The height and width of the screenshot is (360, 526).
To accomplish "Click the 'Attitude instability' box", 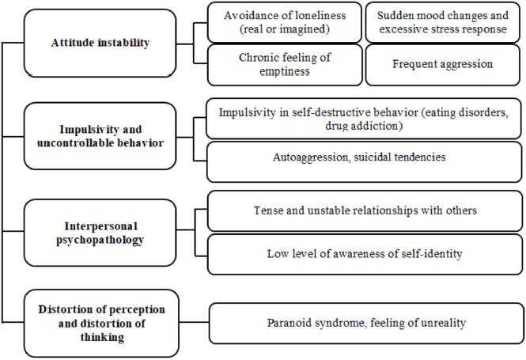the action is [x=100, y=43].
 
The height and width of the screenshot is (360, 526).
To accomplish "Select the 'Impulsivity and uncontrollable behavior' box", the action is [x=100, y=136].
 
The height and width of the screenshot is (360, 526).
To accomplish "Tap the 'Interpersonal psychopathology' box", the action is [x=100, y=233].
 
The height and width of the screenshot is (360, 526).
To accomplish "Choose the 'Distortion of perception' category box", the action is [x=101, y=323].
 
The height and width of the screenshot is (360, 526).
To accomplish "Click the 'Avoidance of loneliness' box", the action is [x=285, y=22].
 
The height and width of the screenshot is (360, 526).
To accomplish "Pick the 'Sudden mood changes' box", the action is [x=442, y=22].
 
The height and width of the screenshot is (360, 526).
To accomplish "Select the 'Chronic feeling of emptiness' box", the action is [x=285, y=65].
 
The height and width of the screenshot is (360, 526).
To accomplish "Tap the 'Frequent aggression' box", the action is [x=442, y=65].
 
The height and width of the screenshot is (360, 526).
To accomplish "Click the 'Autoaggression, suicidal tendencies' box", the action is [x=365, y=161].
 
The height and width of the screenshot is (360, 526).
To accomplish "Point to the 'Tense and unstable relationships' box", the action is [x=365, y=210].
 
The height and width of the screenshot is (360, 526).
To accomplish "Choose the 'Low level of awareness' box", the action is [x=365, y=254].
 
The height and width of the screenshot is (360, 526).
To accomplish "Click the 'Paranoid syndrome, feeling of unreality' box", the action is [x=366, y=323].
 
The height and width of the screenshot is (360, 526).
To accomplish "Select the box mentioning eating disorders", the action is [x=364, y=119].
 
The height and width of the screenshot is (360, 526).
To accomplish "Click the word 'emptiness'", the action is [x=285, y=71].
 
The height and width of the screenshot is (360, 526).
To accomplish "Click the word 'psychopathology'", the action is [x=100, y=241].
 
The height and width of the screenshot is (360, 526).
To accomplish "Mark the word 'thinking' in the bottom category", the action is [x=102, y=337].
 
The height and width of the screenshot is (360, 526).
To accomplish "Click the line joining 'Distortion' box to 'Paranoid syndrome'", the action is [x=195, y=323].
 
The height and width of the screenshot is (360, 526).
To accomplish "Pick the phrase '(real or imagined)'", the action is [x=285, y=29].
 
